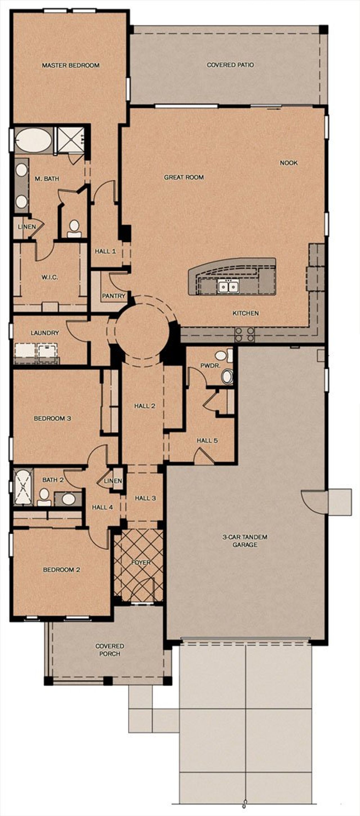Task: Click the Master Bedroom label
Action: click(71, 65)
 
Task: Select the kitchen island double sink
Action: click(228, 286)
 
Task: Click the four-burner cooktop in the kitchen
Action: click(244, 335)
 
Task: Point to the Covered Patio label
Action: click(230, 65)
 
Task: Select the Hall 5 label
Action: click(207, 440)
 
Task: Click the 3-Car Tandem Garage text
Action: click(245, 541)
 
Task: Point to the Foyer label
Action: click(141, 562)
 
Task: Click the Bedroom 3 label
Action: click(52, 418)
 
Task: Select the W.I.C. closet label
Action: click(50, 277)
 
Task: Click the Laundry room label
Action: click(45, 333)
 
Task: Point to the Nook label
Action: click(289, 163)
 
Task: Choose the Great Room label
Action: click(184, 177)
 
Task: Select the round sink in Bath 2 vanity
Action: click(68, 499)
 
